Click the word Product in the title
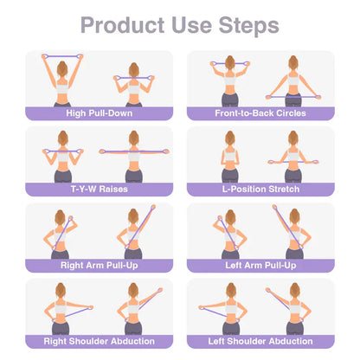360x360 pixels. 122,25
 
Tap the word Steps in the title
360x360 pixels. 248,26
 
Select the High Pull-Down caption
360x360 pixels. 100,113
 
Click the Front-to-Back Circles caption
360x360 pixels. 260,113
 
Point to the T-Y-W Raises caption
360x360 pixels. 100,190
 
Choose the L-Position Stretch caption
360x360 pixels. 260,190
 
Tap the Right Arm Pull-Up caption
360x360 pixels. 100,266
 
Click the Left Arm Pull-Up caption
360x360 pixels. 260,266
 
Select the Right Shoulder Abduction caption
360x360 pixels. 100,341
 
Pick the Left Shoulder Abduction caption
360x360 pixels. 260,341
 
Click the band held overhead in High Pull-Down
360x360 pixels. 62,56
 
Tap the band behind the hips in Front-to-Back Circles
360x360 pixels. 293,97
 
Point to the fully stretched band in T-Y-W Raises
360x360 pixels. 134,151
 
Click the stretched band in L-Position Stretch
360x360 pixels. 293,162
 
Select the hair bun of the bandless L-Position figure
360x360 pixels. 230,134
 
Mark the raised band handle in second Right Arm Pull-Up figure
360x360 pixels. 153,208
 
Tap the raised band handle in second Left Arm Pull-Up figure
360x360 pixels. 274,207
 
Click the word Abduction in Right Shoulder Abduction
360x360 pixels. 132,341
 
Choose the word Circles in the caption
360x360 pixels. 291,113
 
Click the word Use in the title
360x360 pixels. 191,25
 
